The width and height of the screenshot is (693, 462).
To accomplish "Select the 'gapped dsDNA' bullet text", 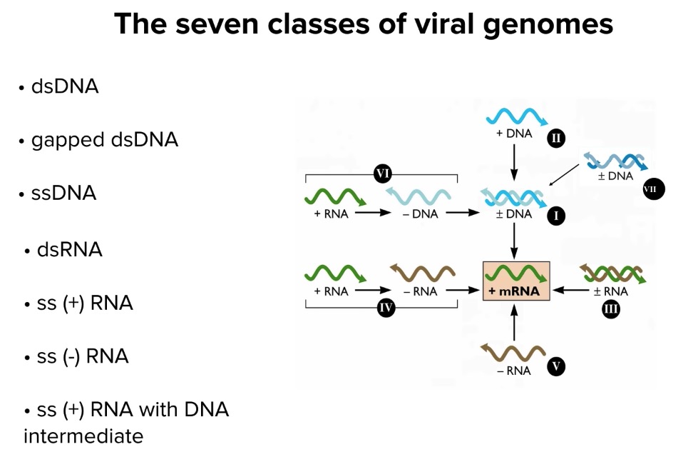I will click(x=104, y=140).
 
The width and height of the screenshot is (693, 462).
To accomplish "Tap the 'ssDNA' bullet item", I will click(x=63, y=194).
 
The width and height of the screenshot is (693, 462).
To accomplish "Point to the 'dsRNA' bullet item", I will click(x=69, y=250).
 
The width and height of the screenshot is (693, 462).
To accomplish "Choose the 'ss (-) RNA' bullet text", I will click(x=83, y=356).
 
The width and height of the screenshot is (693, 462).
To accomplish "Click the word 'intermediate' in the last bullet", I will click(x=83, y=436).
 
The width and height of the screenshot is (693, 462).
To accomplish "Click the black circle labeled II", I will click(x=555, y=138).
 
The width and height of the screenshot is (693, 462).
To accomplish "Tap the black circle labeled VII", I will click(x=653, y=189).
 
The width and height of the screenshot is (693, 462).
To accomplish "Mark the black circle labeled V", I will click(x=555, y=367).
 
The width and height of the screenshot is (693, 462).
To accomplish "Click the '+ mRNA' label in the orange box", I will click(x=513, y=291).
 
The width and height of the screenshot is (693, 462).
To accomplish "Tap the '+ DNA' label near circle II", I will click(x=513, y=133).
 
